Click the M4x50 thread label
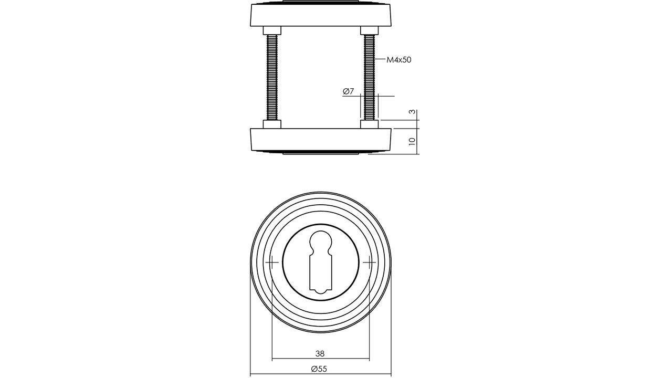click(x=398, y=60)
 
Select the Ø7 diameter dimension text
click(x=349, y=91)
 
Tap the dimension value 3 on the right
click(x=413, y=112)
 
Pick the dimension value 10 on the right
click(x=413, y=141)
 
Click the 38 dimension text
click(x=320, y=354)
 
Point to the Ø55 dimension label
click(x=319, y=369)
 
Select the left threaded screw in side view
click(x=272, y=77)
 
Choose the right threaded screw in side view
click(x=369, y=77)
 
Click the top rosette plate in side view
click(x=320, y=15)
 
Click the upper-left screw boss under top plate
click(x=272, y=30)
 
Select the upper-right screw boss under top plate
click(x=369, y=30)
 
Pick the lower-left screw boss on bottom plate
click(x=272, y=124)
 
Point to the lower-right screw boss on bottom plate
click(x=369, y=124)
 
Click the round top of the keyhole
click(x=320, y=242)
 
